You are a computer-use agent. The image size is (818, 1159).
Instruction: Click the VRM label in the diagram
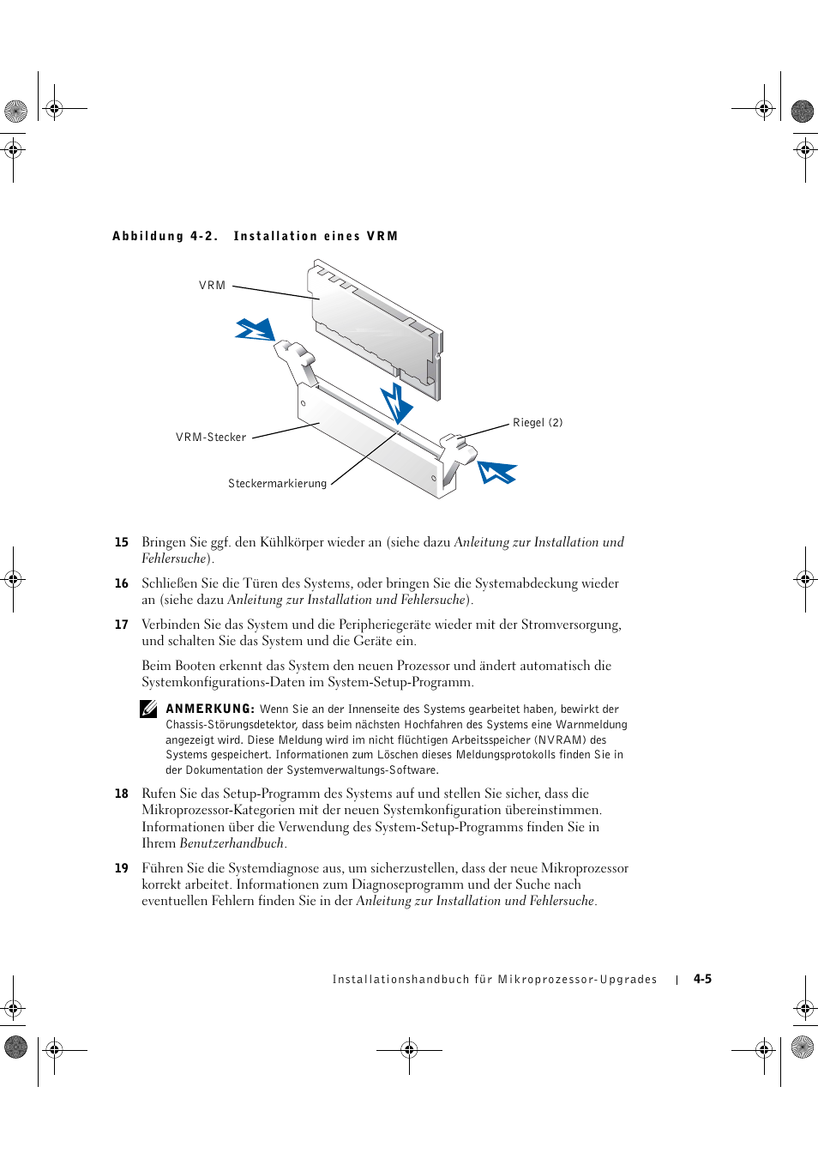click(212, 286)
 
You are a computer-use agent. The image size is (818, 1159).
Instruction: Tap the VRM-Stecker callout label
click(211, 438)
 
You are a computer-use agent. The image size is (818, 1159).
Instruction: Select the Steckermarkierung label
click(277, 484)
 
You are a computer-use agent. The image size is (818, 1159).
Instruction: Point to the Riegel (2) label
click(538, 423)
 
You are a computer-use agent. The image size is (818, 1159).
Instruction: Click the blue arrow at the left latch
click(256, 330)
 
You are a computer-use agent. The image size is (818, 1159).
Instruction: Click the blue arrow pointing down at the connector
click(397, 403)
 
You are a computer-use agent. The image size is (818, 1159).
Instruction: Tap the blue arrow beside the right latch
click(497, 472)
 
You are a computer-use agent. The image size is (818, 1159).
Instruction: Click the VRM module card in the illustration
click(375, 330)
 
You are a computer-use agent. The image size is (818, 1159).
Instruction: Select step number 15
click(122, 542)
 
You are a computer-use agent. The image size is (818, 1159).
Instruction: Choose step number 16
click(122, 583)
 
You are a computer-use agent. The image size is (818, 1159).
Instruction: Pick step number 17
click(122, 625)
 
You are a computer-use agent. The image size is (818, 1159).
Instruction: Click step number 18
click(122, 794)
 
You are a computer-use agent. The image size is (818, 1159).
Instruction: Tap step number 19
click(122, 868)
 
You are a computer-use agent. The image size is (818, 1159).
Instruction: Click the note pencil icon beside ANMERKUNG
click(149, 709)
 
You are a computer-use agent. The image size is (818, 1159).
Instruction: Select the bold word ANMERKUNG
click(210, 709)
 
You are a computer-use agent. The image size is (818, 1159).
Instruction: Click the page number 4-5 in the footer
click(703, 979)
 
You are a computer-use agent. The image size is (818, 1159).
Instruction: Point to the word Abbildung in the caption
click(148, 236)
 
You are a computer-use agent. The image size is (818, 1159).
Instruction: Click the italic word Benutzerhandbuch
click(232, 843)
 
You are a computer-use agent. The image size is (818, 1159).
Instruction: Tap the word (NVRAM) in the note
click(560, 740)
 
